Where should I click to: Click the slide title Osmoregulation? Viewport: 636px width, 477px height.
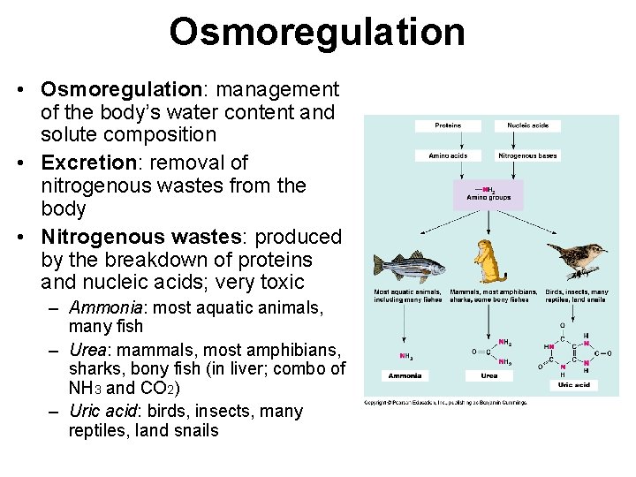pyautogui.click(x=317, y=33)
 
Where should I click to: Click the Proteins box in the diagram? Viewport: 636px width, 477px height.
pyautogui.click(x=448, y=125)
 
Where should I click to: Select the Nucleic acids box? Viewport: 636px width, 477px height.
pyautogui.click(x=527, y=125)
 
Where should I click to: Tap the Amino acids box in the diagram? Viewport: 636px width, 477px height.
pyautogui.click(x=448, y=155)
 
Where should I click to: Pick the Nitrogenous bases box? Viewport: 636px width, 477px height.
pyautogui.click(x=527, y=155)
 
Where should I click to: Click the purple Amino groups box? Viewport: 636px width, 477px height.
pyautogui.click(x=488, y=194)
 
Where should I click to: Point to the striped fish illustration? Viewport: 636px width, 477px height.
pyautogui.click(x=408, y=266)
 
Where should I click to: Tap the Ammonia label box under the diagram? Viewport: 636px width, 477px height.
pyautogui.click(x=405, y=375)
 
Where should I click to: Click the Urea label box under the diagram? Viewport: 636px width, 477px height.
pyautogui.click(x=488, y=375)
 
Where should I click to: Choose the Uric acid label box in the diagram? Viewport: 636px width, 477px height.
pyautogui.click(x=573, y=384)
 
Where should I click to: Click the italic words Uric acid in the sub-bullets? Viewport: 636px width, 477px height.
pyautogui.click(x=106, y=412)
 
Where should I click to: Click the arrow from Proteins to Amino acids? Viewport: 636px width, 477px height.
pyautogui.click(x=448, y=140)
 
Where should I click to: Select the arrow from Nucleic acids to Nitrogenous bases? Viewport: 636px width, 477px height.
pyautogui.click(x=527, y=140)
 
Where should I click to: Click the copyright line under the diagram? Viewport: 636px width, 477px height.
pyautogui.click(x=445, y=403)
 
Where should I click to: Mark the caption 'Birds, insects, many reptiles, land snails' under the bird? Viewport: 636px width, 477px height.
pyautogui.click(x=577, y=296)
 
